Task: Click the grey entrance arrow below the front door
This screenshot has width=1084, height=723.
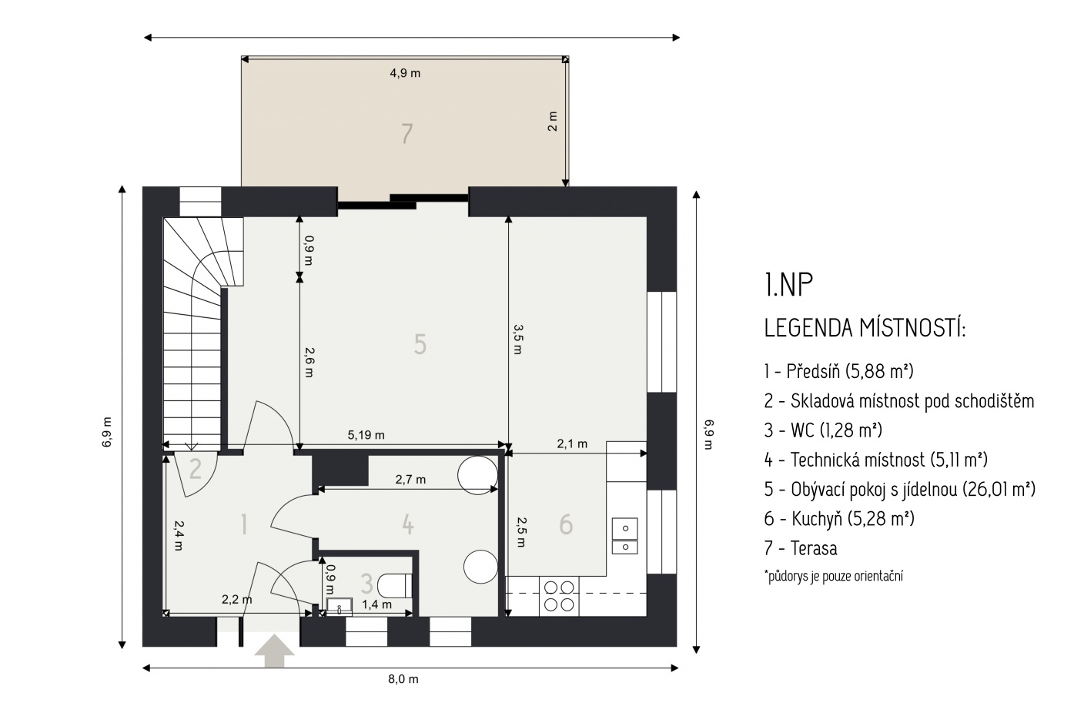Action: tap(274, 651)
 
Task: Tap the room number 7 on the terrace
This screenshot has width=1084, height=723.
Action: tap(406, 134)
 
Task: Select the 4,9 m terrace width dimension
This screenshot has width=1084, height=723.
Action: tap(405, 74)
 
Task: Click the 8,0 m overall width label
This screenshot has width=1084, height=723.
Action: tap(403, 679)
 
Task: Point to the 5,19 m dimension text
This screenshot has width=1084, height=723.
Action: tap(366, 435)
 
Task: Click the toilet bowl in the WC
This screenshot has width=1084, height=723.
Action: tap(394, 586)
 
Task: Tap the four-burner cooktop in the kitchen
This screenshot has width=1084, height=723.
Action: tap(559, 596)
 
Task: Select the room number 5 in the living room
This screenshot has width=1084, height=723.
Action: tap(420, 345)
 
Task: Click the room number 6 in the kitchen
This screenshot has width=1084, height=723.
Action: tap(566, 524)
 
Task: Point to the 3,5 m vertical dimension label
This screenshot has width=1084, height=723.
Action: tap(517, 340)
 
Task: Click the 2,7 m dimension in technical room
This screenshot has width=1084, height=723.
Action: tap(410, 480)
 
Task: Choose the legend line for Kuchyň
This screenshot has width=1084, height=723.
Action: tap(839, 518)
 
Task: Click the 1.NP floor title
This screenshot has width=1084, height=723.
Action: tap(788, 285)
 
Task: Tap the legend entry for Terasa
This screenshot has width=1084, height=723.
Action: tap(801, 548)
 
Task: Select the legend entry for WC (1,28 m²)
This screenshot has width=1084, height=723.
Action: tap(823, 430)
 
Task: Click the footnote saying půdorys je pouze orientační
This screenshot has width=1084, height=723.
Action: tap(833, 576)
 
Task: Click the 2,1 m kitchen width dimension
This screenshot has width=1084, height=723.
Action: tap(572, 444)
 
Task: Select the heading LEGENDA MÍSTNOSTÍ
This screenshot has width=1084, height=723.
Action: tap(865, 328)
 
